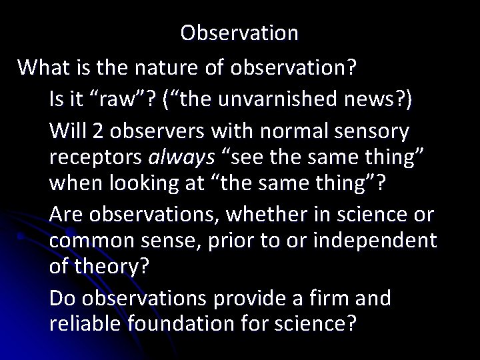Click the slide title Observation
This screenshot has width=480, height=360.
239,33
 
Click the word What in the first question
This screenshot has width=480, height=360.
42,67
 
